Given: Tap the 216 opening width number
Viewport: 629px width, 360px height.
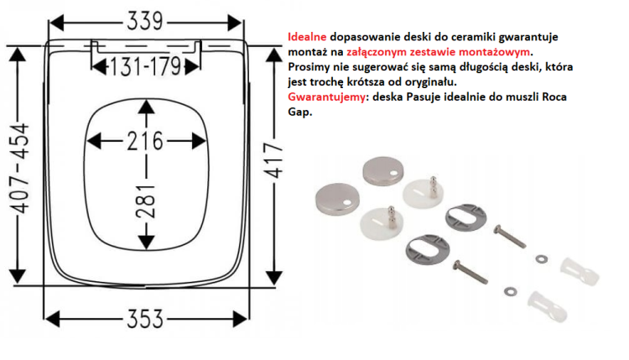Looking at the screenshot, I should [x=145, y=141].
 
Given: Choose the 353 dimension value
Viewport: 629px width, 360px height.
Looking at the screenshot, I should [x=146, y=321].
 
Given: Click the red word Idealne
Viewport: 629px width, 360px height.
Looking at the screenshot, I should [x=307, y=38].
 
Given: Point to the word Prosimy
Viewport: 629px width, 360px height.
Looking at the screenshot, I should [x=309, y=66].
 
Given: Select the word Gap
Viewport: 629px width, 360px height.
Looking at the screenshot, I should [x=299, y=111].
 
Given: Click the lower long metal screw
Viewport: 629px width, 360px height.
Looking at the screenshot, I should [x=481, y=270].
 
